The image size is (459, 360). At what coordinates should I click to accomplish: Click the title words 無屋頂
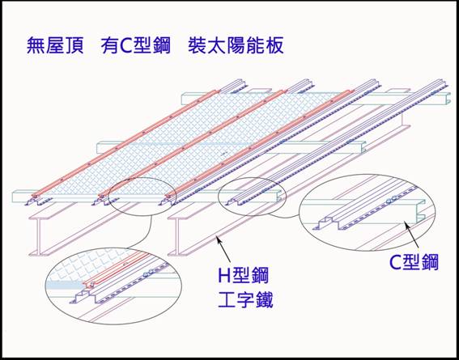tap(55, 46)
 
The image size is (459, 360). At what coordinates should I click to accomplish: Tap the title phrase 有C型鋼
tap(135, 46)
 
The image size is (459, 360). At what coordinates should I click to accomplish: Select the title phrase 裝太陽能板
tap(236, 46)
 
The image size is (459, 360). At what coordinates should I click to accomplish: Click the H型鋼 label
tap(244, 276)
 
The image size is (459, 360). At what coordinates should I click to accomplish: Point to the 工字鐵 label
tap(245, 300)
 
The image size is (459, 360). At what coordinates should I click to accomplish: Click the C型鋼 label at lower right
tap(414, 263)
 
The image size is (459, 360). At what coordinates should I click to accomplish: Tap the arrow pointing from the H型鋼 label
tap(224, 248)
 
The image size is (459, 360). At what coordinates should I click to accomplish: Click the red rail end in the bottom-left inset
tap(90, 283)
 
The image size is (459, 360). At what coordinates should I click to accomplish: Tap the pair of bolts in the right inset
tap(392, 200)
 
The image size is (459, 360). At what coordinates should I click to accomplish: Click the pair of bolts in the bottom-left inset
tap(148, 273)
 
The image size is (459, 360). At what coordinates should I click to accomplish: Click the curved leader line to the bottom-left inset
tap(149, 234)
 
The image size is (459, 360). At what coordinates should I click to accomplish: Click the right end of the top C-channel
tap(448, 99)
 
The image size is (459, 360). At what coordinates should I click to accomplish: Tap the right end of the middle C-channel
tap(363, 146)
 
